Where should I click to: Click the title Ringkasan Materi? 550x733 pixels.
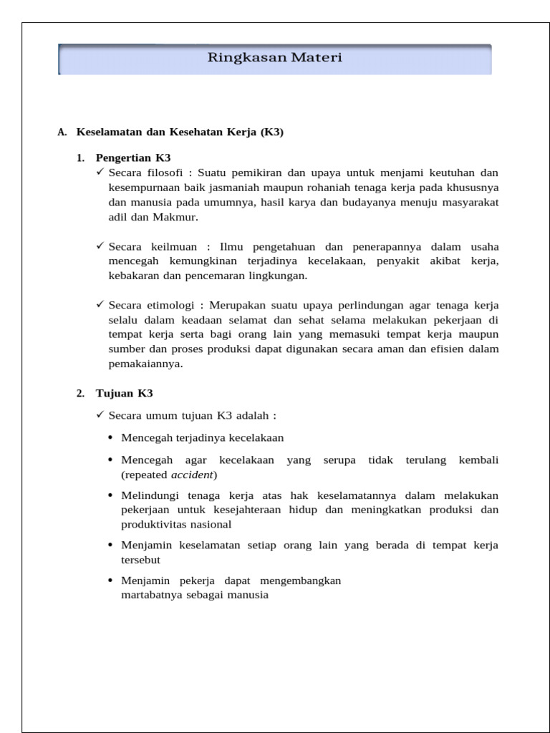pyautogui.click(x=274, y=58)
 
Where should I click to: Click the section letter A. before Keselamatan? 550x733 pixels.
pyautogui.click(x=62, y=132)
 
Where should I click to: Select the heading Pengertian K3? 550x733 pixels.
pyautogui.click(x=133, y=157)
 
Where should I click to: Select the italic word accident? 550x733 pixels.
pyautogui.click(x=193, y=475)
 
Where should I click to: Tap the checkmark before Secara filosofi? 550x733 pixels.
pyautogui.click(x=100, y=173)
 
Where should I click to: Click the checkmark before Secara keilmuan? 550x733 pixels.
pyautogui.click(x=100, y=246)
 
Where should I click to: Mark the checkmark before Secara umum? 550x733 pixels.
pyautogui.click(x=100, y=415)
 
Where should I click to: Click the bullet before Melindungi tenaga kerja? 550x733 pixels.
pyautogui.click(x=110, y=496)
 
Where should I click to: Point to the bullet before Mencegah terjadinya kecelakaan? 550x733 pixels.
pyautogui.click(x=110, y=437)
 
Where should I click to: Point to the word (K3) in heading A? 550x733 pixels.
pyautogui.click(x=272, y=132)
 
